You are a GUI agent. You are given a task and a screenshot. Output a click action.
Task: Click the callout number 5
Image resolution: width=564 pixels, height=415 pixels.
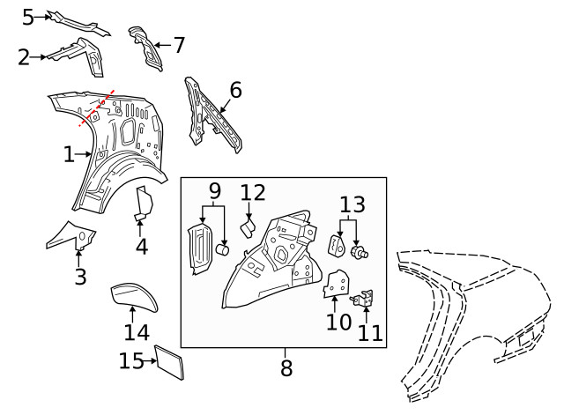click(27, 16)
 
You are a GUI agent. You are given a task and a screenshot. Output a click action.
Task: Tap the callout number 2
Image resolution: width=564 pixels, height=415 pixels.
click(25, 57)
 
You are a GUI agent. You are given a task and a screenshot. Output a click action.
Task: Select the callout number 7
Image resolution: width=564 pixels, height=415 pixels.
click(179, 44)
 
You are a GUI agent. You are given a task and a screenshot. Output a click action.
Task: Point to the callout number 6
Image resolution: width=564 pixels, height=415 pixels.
click(234, 90)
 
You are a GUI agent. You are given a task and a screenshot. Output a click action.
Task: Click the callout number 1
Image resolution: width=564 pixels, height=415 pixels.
click(70, 155)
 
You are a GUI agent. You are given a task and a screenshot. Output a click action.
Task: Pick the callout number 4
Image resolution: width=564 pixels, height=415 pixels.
click(141, 247)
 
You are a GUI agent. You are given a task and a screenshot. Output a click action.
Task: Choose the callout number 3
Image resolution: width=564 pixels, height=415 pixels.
click(80, 278)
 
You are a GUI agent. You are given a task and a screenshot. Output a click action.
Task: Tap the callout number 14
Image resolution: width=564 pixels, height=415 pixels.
click(137, 333)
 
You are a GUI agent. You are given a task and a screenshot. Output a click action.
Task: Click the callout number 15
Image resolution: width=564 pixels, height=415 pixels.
click(130, 361)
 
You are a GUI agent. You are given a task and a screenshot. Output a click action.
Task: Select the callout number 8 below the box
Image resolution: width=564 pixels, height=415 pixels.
click(286, 368)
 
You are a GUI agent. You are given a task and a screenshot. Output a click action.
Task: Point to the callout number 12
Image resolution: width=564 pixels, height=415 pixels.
click(253, 192)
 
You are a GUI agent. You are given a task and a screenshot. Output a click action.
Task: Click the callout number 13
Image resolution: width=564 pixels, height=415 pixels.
click(352, 205)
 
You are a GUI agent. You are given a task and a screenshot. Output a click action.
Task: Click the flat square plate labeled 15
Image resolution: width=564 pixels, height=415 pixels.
click(169, 363)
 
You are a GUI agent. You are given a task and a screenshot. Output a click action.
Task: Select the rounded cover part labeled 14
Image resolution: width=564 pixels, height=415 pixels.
click(134, 297)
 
